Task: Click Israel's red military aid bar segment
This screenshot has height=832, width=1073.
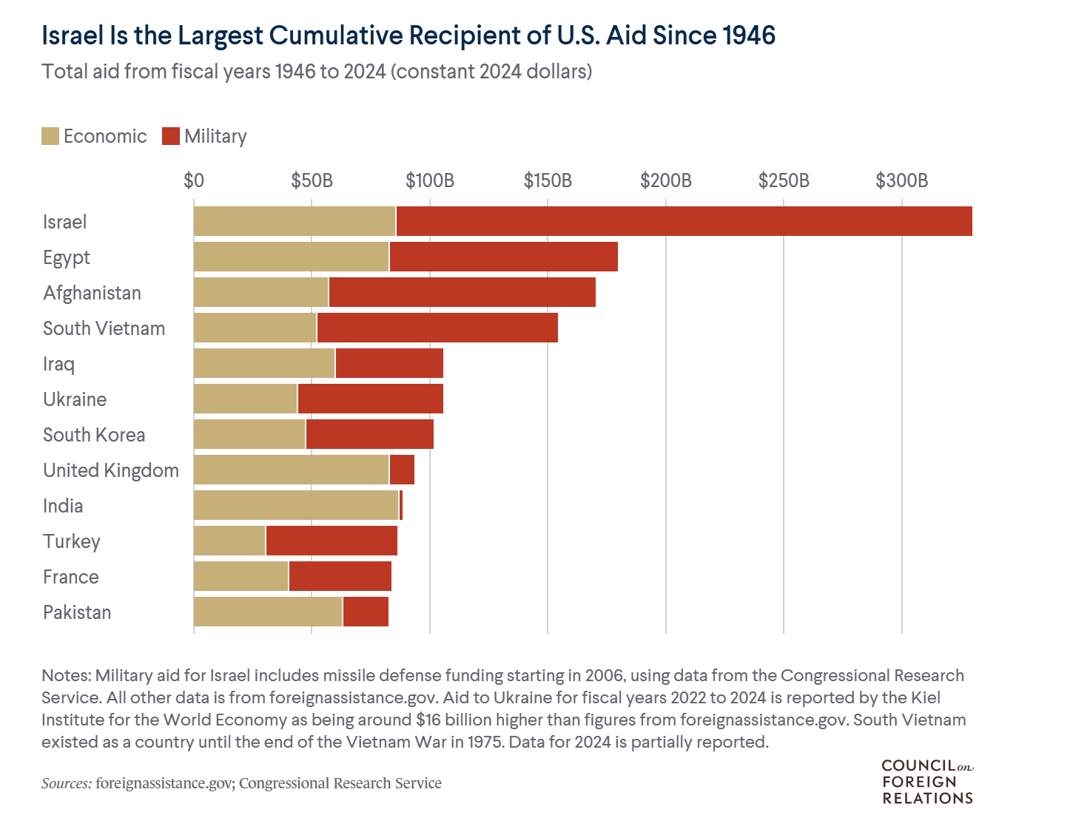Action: coord(684,221)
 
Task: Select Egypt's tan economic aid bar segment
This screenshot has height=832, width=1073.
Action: coord(291,257)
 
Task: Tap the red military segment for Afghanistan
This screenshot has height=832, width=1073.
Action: coord(462,292)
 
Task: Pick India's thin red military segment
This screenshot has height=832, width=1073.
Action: coord(400,505)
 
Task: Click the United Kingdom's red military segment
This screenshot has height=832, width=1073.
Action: coord(402,470)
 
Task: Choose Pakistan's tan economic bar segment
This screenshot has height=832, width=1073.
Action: coord(268,612)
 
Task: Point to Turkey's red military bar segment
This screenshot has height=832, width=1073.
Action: coord(332,541)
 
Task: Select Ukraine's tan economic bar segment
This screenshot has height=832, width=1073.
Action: coord(245,399)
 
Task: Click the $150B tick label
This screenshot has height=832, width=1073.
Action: coord(548,180)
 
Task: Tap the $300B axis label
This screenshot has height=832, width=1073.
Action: coord(901,180)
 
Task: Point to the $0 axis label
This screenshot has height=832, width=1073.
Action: coord(194,180)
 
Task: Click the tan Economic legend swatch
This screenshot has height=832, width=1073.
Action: coord(50,136)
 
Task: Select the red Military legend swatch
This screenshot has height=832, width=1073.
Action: coord(171,136)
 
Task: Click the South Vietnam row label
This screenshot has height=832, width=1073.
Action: coord(104,328)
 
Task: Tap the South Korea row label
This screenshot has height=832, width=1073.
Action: coord(94,435)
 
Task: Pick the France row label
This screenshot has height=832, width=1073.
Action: coord(70,577)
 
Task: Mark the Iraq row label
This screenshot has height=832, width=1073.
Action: coord(58,364)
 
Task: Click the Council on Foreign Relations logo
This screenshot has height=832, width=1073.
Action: coord(927,782)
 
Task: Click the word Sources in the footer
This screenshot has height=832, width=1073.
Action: coord(67,783)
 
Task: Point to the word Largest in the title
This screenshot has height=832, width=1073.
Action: coord(214,35)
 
